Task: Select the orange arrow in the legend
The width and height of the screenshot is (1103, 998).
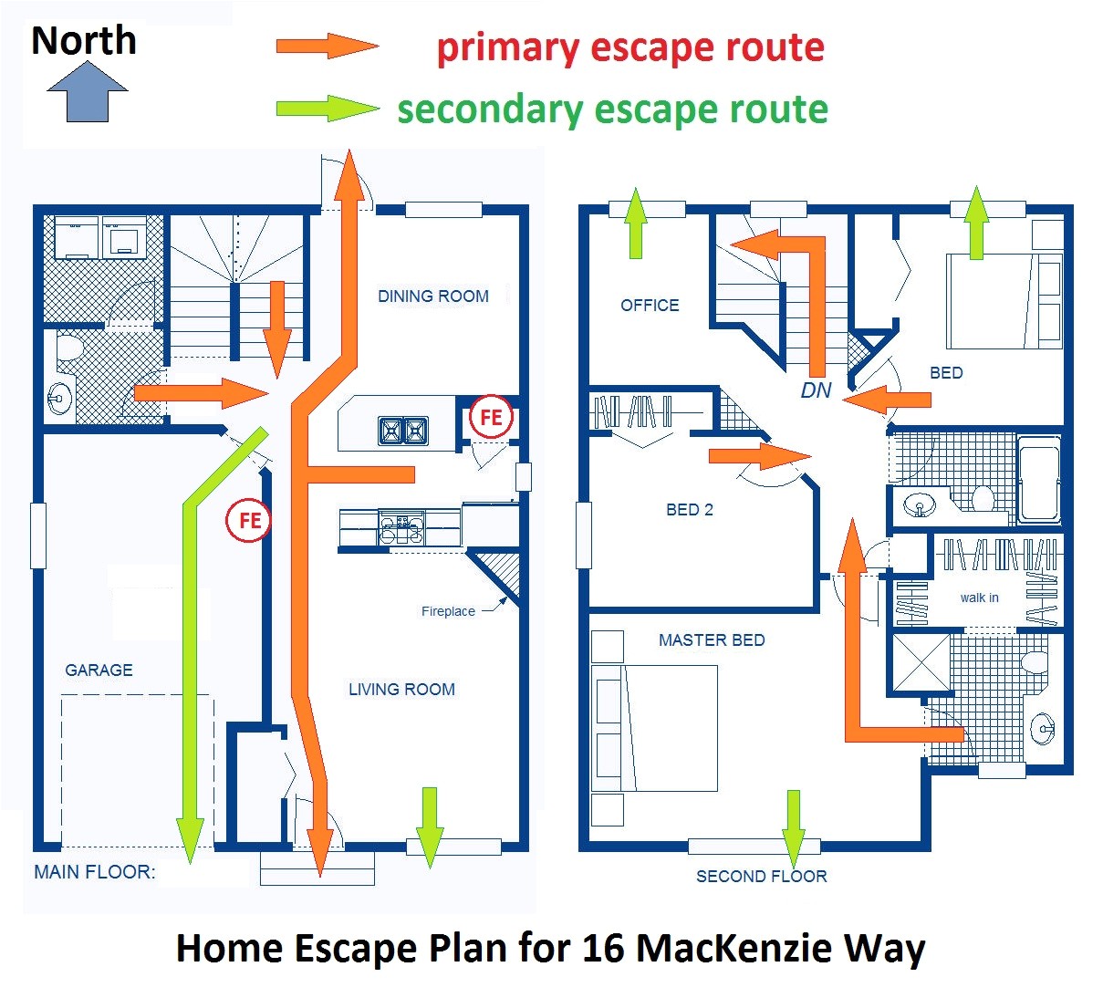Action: [x=327, y=46]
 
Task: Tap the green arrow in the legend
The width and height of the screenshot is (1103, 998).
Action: [x=327, y=109]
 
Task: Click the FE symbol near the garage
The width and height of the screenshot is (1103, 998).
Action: [x=249, y=521]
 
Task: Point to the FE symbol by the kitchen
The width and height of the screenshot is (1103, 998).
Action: [x=491, y=418]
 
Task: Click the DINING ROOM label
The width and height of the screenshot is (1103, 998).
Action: [x=432, y=296]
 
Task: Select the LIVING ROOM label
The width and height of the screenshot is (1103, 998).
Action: [x=401, y=690]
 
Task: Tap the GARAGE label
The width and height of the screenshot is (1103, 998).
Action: [x=99, y=671]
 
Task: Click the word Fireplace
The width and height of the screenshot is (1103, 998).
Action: [x=448, y=612]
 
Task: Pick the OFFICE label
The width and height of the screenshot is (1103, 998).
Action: [x=650, y=306]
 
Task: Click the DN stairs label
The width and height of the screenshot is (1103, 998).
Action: [x=816, y=390]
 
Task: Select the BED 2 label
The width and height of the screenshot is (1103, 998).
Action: [x=689, y=510]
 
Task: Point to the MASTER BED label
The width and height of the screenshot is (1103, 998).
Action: [x=712, y=640]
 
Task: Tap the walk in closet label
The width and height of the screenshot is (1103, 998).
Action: [x=979, y=598]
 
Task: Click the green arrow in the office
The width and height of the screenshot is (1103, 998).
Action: [x=636, y=224]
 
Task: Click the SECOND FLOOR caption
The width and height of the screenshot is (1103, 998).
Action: [x=761, y=877]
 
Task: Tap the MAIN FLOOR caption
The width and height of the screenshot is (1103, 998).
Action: [x=94, y=872]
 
